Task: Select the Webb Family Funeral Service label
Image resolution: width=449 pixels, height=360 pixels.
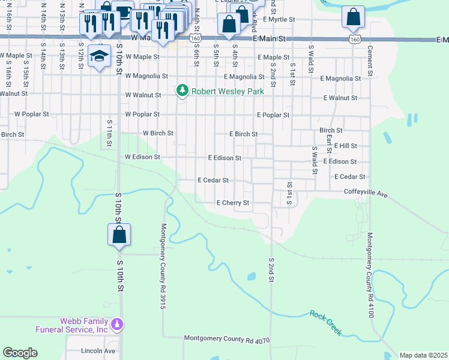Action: (x=83, y=325)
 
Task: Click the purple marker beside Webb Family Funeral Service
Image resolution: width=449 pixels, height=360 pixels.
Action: (x=119, y=325)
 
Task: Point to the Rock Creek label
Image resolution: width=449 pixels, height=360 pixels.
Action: (x=326, y=322)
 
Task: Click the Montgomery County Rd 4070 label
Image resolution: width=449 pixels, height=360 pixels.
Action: (x=227, y=340)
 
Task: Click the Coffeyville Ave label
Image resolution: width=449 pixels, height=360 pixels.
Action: (x=366, y=192)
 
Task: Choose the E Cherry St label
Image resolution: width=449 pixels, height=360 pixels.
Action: (x=232, y=203)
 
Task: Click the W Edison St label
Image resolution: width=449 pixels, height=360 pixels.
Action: (x=142, y=157)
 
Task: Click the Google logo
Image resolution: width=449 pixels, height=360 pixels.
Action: (x=20, y=353)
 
